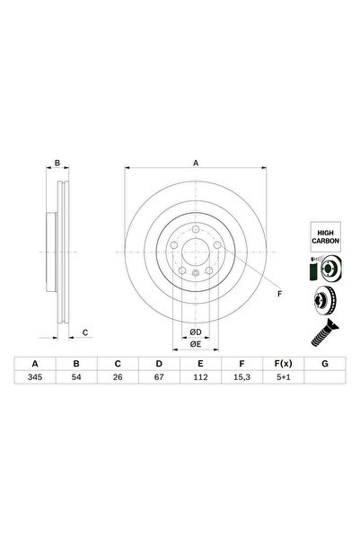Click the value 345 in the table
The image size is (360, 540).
tap(35, 377)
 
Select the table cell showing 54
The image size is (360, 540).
tap(76, 377)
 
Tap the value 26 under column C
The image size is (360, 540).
tap(118, 377)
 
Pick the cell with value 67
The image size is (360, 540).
tap(159, 377)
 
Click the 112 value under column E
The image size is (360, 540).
tap(200, 377)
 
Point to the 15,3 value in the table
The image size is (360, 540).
tap(241, 377)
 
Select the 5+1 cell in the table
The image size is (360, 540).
tap(284, 377)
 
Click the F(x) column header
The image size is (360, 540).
tap(284, 364)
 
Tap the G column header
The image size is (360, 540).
tap(325, 364)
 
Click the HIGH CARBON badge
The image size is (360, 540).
tap(326, 237)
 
